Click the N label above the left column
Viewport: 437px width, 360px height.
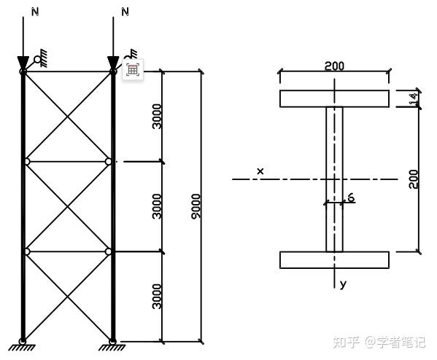tap(35, 12)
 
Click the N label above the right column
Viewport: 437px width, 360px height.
tap(125, 12)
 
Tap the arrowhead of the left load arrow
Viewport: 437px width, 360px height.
tap(23, 63)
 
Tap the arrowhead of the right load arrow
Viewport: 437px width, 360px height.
tap(113, 63)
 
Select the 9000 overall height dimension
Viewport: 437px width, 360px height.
tap(196, 206)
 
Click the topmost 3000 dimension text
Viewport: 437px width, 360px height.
tap(157, 117)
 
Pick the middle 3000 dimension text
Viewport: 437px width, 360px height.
tap(157, 206)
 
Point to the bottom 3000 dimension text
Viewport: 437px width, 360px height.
tap(157, 297)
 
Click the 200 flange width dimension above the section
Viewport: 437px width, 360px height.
tap(334, 66)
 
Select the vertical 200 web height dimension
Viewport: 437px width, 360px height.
tap(414, 179)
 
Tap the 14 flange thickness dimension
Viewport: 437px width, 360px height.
tap(414, 99)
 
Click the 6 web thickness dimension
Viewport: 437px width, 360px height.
tap(351, 197)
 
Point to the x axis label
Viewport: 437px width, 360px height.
tap(260, 171)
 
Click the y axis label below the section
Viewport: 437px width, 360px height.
tap(343, 284)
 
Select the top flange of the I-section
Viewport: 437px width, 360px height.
tap(334, 98)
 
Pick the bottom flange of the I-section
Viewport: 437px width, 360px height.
tap(334, 260)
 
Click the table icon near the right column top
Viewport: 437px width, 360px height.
tap(133, 70)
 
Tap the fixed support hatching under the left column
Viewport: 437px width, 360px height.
tap(22, 348)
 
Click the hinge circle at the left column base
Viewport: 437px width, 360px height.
tap(23, 341)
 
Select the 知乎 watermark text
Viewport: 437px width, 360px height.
tap(346, 342)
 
